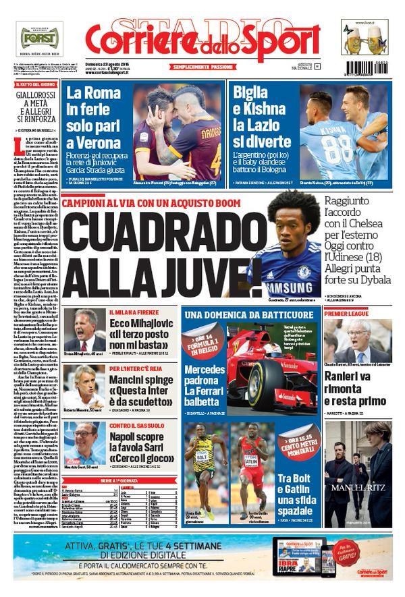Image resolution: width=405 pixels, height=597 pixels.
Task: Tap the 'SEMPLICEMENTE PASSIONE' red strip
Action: click(x=200, y=68)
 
